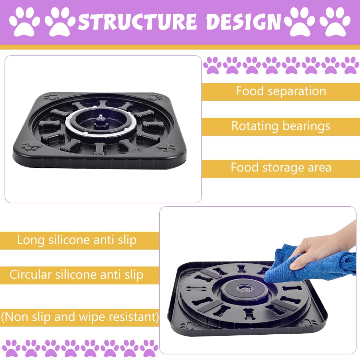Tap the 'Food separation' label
pos(281,91)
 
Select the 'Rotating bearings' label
pos(281,126)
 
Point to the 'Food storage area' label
pos(281,167)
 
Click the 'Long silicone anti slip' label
pos(77,240)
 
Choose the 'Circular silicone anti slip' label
pos(76,275)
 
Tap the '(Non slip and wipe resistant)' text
pos(79,317)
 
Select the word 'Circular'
pos(30,275)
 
